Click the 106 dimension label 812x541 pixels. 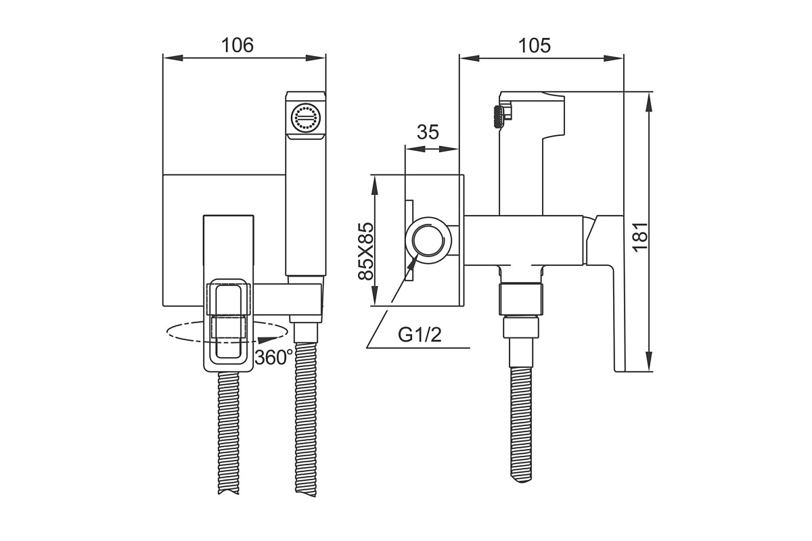pyautogui.click(x=238, y=46)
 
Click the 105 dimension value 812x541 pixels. pyautogui.click(x=535, y=46)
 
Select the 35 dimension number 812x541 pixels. pyautogui.click(x=428, y=132)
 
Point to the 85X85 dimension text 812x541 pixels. pyautogui.click(x=365, y=251)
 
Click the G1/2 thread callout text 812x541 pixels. pyautogui.click(x=420, y=335)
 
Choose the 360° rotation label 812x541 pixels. pyautogui.click(x=273, y=358)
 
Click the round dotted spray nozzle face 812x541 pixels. pyautogui.click(x=306, y=118)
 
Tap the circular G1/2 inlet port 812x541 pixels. pyautogui.click(x=428, y=241)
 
